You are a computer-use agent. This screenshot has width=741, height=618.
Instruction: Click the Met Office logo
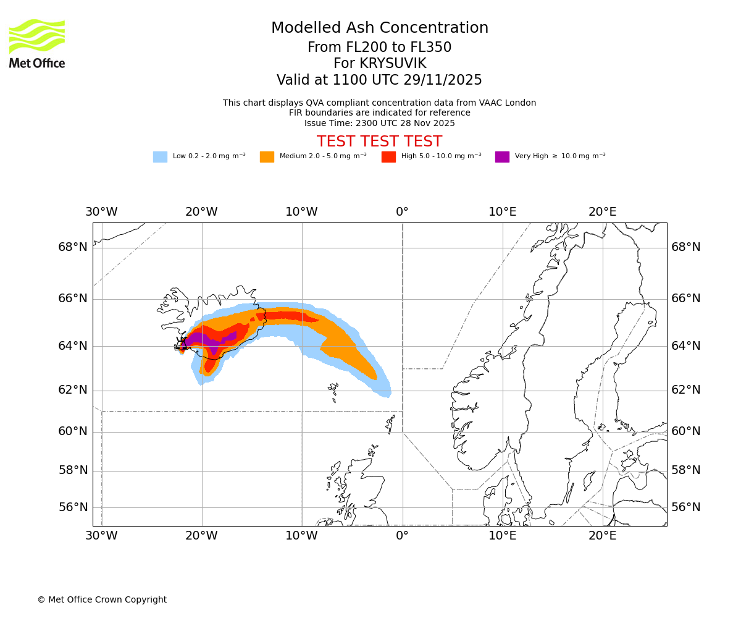(x=37, y=43)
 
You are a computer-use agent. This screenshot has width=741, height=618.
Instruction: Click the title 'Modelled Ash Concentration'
(x=380, y=28)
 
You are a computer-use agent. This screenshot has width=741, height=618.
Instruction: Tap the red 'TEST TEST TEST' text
(x=380, y=142)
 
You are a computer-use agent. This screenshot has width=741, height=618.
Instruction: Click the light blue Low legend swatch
(x=160, y=157)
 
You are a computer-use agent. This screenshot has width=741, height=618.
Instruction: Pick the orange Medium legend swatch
(x=267, y=157)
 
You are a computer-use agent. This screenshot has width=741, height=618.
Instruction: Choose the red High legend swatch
(x=388, y=157)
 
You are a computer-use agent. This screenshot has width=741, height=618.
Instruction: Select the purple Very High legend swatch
(x=502, y=157)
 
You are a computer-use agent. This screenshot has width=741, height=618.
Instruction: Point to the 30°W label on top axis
(x=101, y=212)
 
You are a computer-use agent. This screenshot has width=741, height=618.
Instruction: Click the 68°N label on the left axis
(x=73, y=247)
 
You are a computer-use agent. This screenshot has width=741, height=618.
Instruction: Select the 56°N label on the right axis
(x=686, y=507)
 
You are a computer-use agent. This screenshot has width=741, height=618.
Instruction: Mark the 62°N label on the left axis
(x=73, y=390)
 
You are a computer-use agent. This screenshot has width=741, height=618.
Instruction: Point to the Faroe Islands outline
(x=333, y=389)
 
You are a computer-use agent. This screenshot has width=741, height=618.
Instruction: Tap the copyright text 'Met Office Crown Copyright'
(x=102, y=599)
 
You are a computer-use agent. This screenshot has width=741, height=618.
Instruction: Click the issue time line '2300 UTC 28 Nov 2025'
(x=380, y=124)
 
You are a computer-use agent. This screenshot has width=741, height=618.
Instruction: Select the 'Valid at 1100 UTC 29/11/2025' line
(x=380, y=80)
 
